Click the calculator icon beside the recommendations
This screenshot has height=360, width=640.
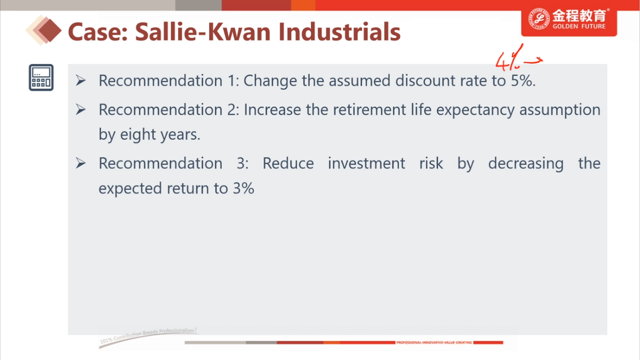tap(41, 78)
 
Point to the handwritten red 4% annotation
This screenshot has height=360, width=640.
tap(509, 58)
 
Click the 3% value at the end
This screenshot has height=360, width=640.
tap(244, 188)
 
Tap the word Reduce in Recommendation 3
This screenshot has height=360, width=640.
tap(288, 163)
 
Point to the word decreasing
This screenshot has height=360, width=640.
tap(525, 163)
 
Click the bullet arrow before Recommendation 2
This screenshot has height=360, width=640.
tap(81, 109)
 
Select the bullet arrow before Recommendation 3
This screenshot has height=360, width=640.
tap(81, 163)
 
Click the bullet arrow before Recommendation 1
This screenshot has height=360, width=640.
tap(81, 80)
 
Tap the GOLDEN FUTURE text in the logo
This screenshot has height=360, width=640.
tap(579, 27)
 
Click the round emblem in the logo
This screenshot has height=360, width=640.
tap(539, 18)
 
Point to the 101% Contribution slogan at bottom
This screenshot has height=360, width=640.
tap(148, 334)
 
